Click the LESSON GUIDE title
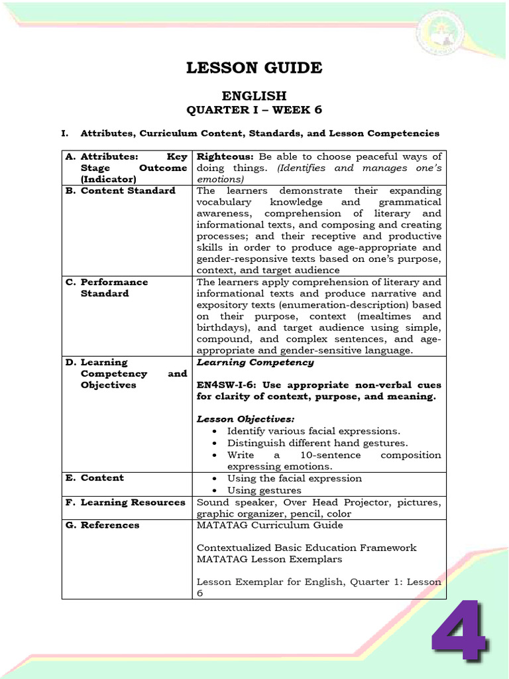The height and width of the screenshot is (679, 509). point(254,68)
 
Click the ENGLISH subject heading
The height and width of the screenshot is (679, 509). point(254,96)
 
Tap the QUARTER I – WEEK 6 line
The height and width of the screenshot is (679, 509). point(254,110)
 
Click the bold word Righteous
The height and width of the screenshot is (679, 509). point(226,156)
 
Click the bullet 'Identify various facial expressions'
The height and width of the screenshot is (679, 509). point(313,432)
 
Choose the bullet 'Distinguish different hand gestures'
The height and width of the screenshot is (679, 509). point(317,443)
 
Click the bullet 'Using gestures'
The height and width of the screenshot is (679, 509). point(264,491)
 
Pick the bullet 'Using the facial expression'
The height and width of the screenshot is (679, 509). point(294,479)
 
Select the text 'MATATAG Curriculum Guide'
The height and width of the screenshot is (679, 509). point(270,525)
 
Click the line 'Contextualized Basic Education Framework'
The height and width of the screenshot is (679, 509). point(306,548)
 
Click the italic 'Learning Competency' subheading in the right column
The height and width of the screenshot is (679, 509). point(255,363)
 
